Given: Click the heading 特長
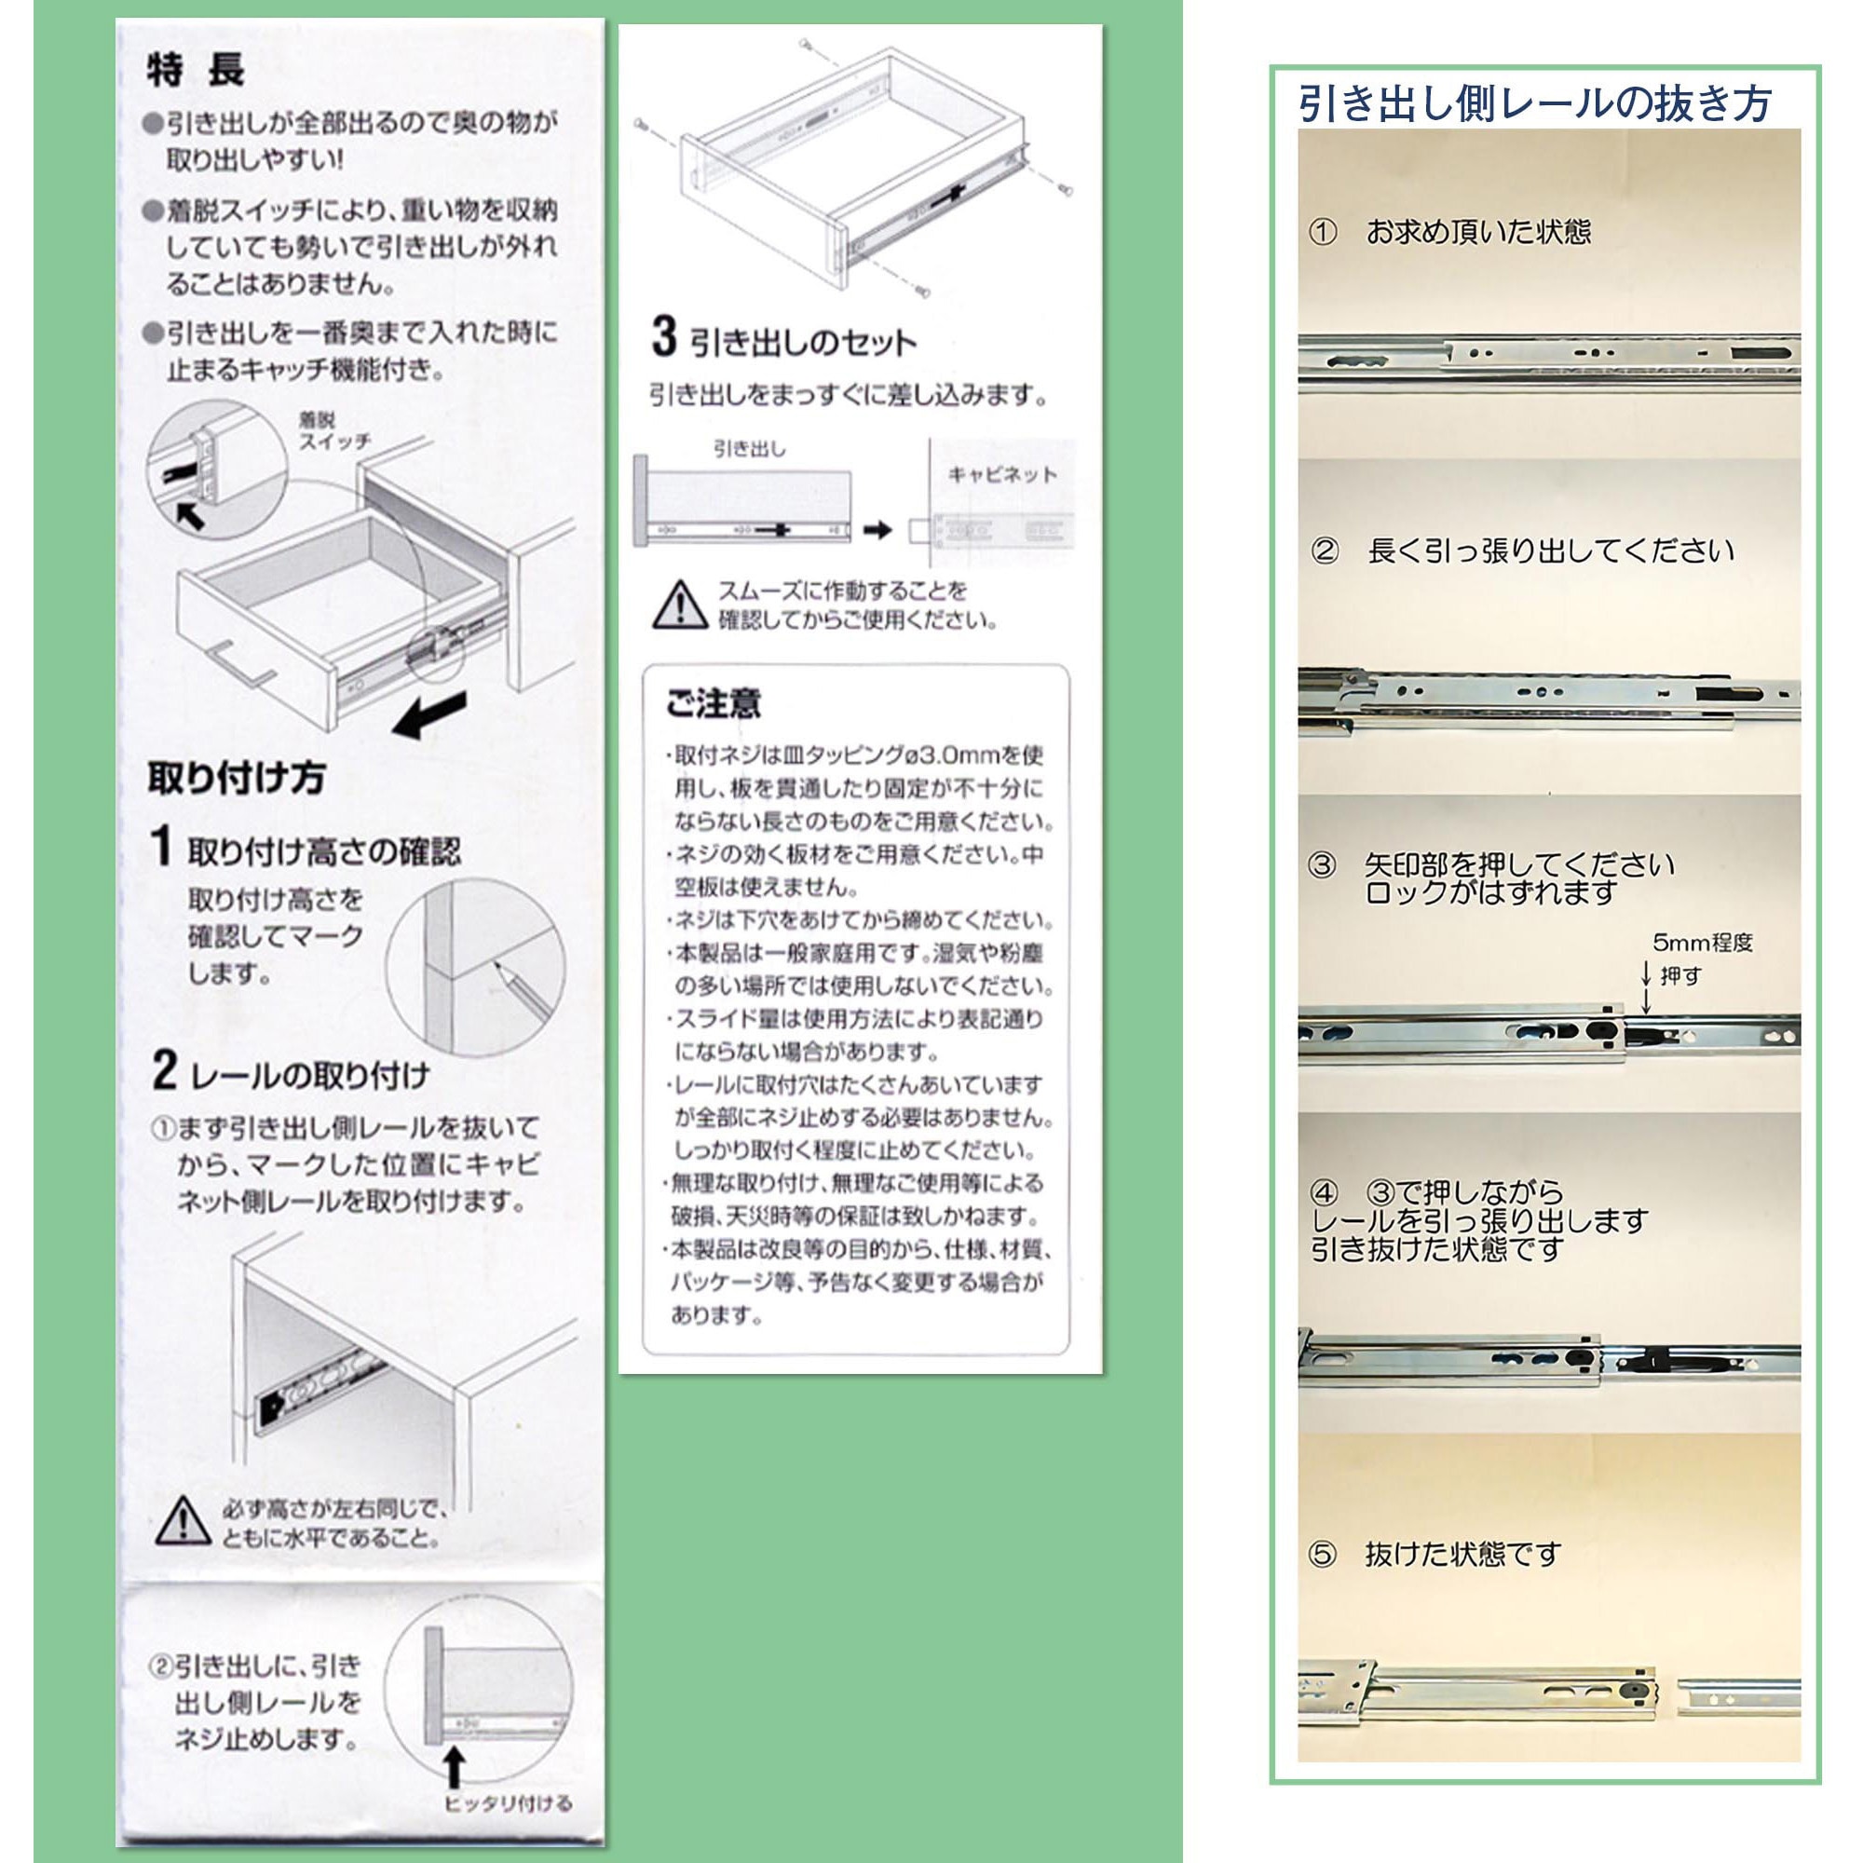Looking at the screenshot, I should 196,70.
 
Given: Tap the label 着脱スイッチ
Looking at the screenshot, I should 333,431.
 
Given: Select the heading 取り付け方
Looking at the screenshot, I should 237,778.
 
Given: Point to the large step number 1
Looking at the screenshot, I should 162,846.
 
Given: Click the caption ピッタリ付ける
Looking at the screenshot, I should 508,1803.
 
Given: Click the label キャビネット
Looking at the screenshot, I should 1002,474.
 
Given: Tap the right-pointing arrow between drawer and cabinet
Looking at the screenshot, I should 877,529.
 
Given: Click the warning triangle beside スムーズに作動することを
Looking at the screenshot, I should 680,605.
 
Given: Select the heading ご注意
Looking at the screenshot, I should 713,703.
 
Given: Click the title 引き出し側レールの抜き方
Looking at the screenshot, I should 1534,103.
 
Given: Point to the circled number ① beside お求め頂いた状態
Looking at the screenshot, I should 1323,232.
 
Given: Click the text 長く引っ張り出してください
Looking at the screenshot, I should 1550,551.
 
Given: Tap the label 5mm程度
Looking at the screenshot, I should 1702,942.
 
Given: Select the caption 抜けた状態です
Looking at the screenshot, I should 1462,1555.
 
